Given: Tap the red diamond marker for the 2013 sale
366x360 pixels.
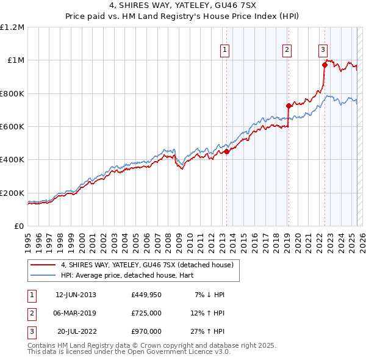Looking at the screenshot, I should click(226, 152).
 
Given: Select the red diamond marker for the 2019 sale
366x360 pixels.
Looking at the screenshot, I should click(289, 106).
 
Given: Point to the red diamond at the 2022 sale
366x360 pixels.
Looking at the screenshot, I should click(325, 65).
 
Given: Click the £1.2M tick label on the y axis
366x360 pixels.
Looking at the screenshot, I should click(12, 27).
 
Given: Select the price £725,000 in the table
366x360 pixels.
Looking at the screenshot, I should click(146, 314).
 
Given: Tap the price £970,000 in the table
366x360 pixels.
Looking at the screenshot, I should click(146, 332).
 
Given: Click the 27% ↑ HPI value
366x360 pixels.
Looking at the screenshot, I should click(208, 332).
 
